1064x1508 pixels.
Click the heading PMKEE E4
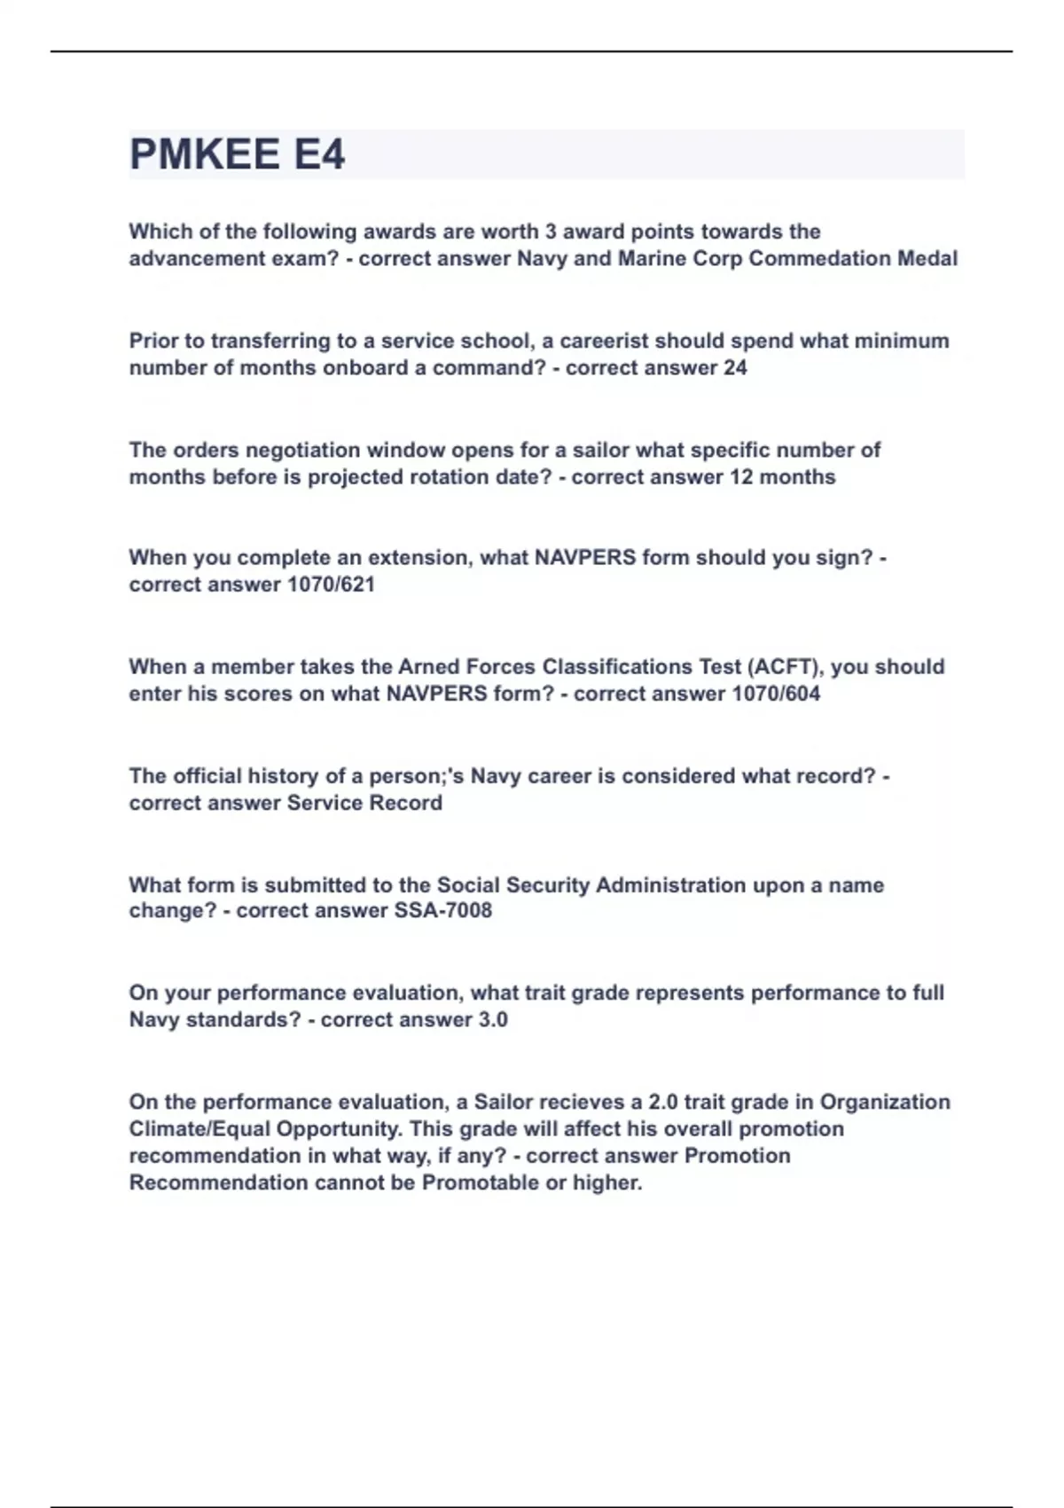237,154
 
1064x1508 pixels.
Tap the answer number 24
735,367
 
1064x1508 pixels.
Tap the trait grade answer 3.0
493,1020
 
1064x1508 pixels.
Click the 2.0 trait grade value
663,1103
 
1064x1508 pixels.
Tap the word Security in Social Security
537,885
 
